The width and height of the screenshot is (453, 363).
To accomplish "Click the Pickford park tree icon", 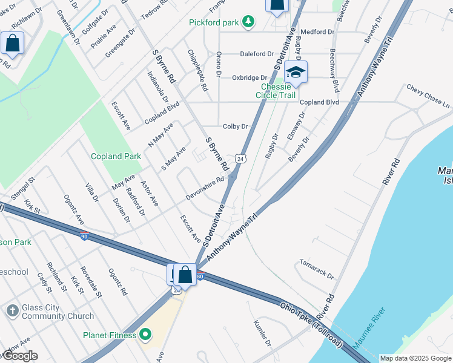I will click(247, 22).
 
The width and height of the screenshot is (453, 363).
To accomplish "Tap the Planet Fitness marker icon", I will click(145, 335).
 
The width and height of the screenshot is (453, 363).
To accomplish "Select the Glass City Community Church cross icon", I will click(12, 311).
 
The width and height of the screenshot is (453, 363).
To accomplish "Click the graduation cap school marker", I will click(295, 73).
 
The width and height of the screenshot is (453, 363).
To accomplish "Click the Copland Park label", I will click(116, 156).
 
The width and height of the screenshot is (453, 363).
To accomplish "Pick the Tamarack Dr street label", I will click(317, 269).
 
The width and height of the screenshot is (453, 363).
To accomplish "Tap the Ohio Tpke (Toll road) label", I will click(311, 322).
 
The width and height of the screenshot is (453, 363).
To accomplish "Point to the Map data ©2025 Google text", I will click(414, 358).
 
